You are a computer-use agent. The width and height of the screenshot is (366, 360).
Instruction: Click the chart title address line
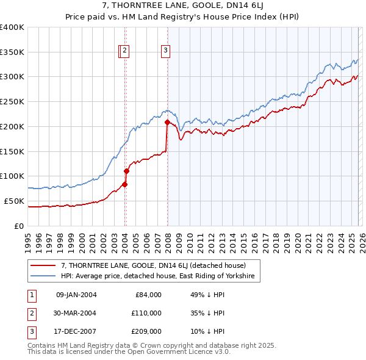coord(183,6)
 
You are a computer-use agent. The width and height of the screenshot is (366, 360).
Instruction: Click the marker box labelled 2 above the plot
coord(124,51)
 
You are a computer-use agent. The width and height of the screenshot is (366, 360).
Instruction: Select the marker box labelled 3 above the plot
coord(166,51)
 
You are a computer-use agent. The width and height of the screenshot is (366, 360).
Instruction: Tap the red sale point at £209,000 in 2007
coord(167,122)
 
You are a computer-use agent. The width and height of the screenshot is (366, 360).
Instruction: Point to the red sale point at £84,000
coord(124,184)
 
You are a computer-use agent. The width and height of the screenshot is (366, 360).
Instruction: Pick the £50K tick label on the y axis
coord(14,201)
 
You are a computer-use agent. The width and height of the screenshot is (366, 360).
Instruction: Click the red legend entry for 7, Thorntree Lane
coord(152,266)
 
